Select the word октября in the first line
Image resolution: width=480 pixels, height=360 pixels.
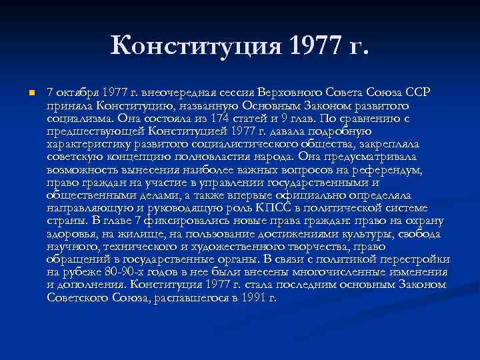(x=77, y=91)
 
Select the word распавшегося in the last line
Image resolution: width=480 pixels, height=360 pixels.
(x=194, y=298)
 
